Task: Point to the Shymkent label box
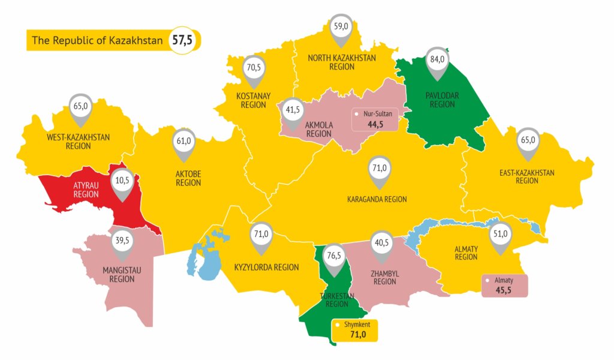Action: coord(354,330)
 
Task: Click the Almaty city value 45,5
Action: coord(504,290)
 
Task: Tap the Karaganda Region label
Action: coord(377,199)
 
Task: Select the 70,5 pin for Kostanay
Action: coord(254,68)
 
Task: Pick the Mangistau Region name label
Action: coord(122,274)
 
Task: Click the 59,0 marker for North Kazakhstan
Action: coord(341,26)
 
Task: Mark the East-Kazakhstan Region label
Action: coord(526,176)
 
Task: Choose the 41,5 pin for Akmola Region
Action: coord(293,110)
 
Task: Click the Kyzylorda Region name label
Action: coord(266,267)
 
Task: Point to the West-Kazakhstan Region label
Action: coord(78,141)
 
